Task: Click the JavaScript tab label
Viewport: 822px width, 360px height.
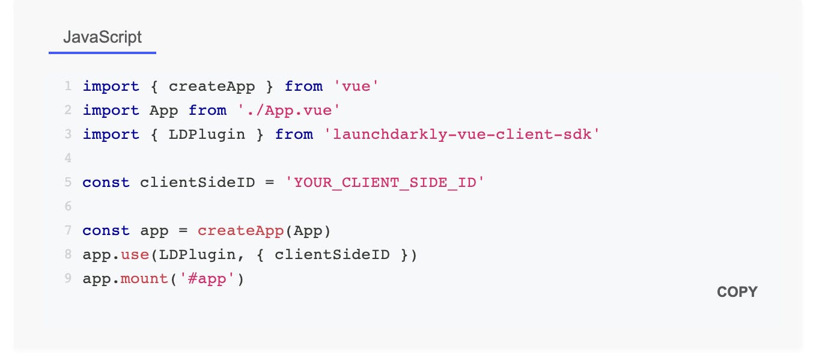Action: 102,37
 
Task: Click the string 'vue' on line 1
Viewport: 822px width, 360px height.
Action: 356,86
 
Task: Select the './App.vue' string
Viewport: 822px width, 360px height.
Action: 288,110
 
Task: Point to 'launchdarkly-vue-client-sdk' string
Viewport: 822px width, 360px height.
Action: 461,134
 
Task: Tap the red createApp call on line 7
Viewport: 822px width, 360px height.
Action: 240,230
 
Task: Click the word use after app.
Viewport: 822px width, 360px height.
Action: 135,255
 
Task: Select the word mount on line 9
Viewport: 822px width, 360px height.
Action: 144,278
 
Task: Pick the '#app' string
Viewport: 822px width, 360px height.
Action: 207,278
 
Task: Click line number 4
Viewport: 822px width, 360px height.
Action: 68,158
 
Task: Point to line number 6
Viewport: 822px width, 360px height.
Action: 68,206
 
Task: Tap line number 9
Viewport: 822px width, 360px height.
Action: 68,278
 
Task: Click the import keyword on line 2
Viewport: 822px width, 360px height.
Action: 111,110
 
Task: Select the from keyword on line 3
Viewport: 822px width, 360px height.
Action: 294,134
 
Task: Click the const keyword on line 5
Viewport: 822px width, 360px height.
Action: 106,182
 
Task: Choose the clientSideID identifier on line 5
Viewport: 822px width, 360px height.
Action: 198,182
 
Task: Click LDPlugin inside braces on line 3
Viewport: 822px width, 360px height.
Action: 207,135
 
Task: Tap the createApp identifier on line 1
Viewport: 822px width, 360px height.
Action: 212,87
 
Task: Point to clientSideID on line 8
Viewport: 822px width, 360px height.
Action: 332,254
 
